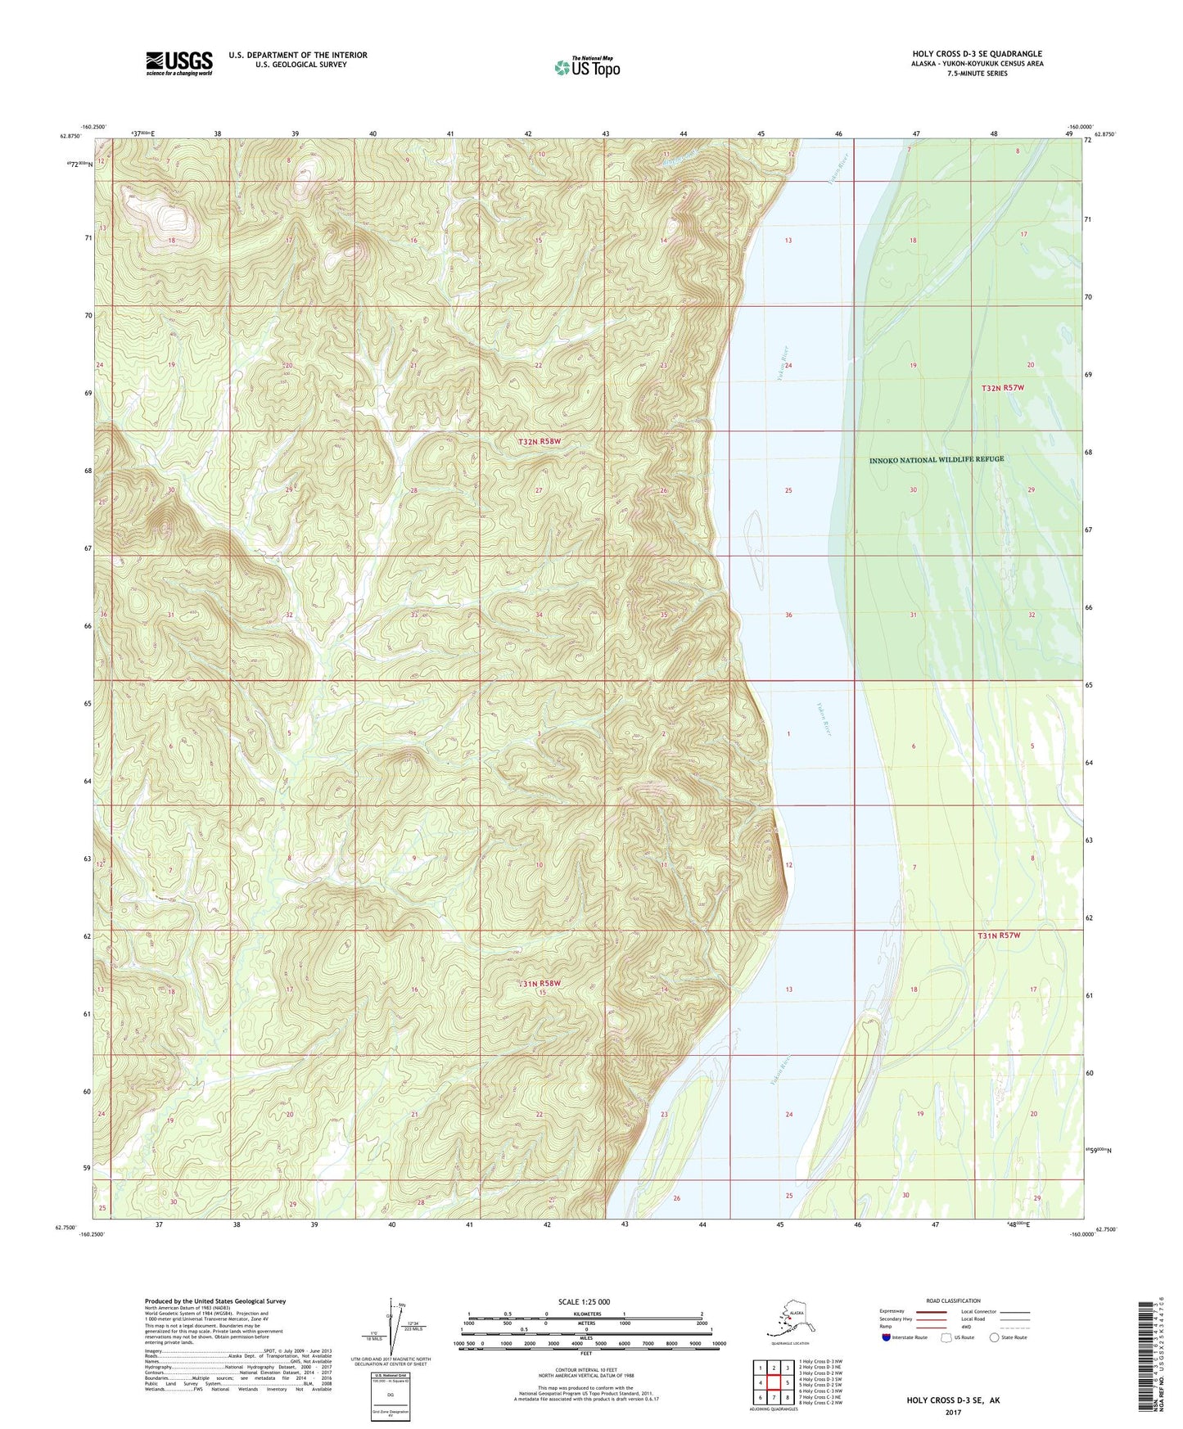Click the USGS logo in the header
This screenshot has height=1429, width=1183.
(178, 63)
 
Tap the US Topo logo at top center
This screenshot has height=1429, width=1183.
(586, 66)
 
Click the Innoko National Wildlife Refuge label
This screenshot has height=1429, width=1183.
(936, 459)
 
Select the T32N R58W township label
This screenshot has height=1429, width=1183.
(540, 441)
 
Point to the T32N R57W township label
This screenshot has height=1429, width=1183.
(1003, 387)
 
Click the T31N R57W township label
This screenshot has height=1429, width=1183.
(999, 935)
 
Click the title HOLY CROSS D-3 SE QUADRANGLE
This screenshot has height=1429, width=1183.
(971, 54)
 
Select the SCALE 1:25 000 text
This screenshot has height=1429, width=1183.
(585, 1301)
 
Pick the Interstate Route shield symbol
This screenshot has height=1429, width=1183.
(886, 1337)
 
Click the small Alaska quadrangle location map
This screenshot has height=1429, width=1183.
(788, 1323)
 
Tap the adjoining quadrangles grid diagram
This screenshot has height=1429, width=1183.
(773, 1384)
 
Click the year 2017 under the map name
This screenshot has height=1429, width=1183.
(952, 1412)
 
